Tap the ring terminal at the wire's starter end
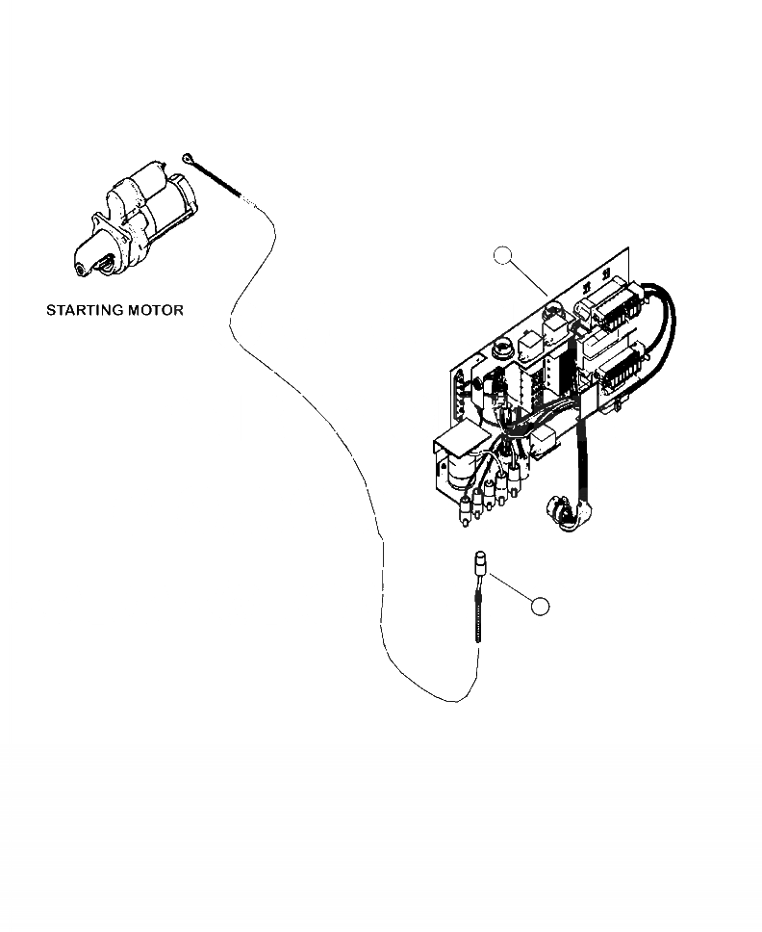coord(187,158)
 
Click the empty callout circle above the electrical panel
coord(502,255)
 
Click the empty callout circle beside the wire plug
coord(541,606)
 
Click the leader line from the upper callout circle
coord(529,278)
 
